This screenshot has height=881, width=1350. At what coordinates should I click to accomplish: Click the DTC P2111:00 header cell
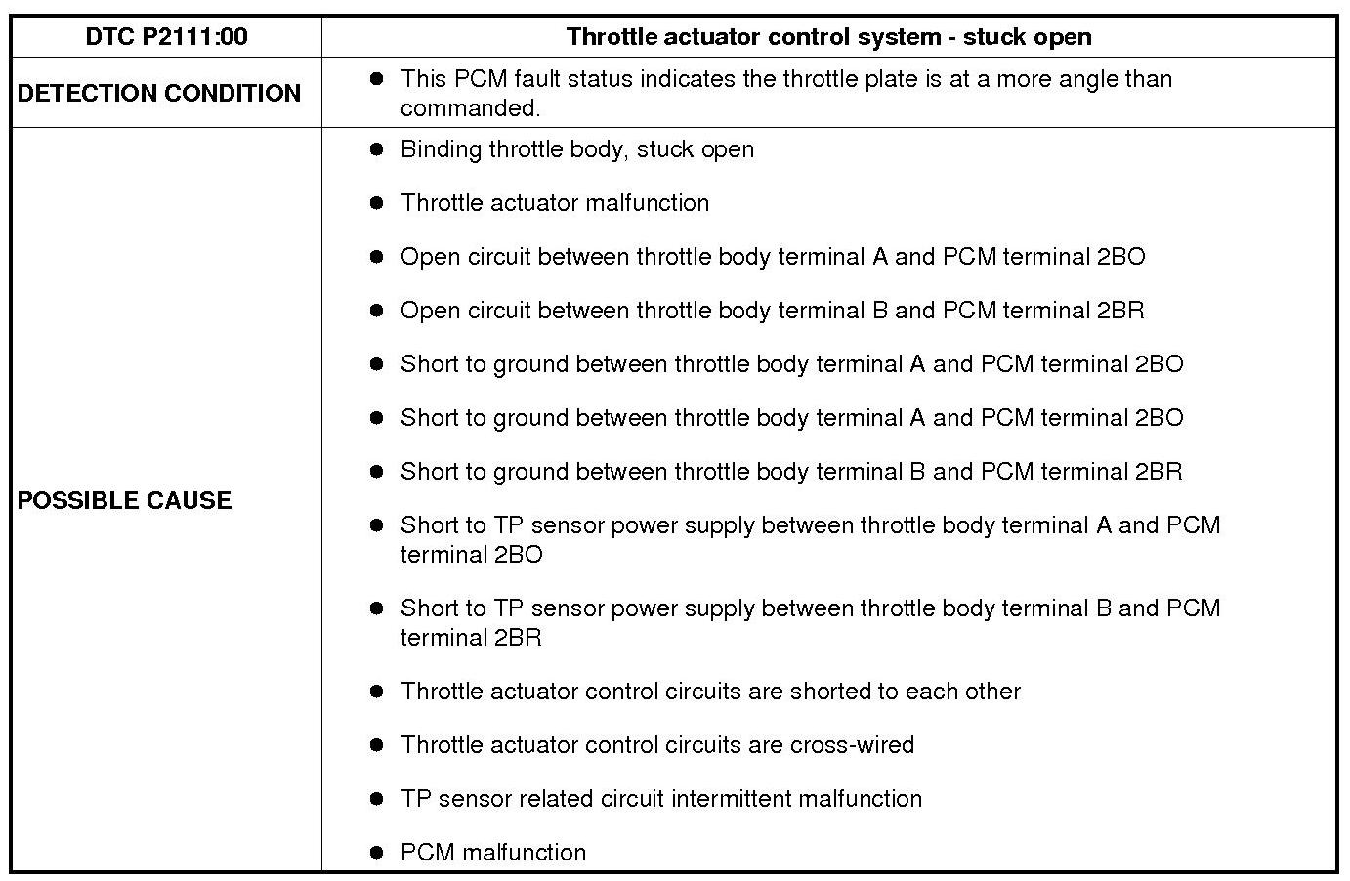(166, 37)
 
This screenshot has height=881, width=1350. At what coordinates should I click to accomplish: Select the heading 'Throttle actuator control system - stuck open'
(828, 37)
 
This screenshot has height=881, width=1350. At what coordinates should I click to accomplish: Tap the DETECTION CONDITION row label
(159, 94)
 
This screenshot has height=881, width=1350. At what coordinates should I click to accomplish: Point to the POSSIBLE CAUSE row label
(125, 500)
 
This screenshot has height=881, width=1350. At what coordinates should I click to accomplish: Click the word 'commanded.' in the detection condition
(470, 108)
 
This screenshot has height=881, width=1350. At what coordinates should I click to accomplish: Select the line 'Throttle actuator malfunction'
(555, 203)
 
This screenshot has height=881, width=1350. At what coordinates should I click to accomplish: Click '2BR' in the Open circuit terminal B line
(1120, 311)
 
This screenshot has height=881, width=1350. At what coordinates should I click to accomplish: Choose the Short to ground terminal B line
(791, 472)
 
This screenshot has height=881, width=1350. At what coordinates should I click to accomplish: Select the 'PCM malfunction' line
(493, 853)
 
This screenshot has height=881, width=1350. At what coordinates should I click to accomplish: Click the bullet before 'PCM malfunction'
(377, 853)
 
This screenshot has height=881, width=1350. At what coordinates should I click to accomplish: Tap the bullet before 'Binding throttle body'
(377, 149)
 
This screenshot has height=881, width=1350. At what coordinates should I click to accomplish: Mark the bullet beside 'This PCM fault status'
(377, 79)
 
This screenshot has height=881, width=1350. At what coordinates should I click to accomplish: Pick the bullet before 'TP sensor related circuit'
(377, 799)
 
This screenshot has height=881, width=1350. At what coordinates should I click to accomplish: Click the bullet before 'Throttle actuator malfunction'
(377, 203)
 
